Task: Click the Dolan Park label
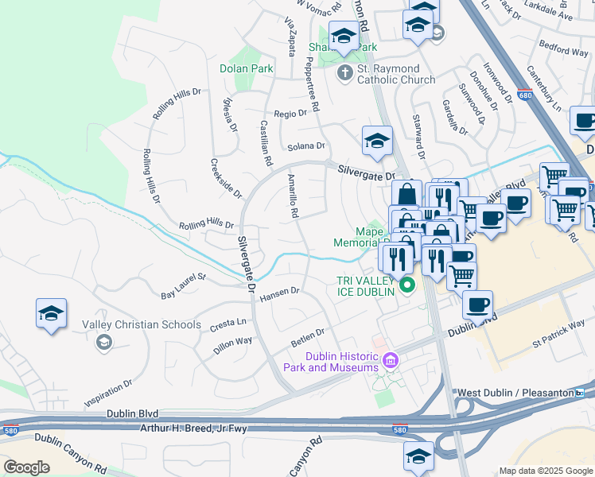[247, 69]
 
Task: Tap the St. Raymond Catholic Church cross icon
[344, 74]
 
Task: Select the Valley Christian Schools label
[142, 324]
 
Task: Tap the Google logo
[26, 467]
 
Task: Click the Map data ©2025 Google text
[546, 470]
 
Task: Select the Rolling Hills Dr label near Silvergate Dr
[206, 226]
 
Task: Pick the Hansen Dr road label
[279, 293]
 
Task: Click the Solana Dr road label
[306, 146]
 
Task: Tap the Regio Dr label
[290, 114]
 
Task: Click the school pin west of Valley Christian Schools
[51, 315]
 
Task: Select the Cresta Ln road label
[227, 324]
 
